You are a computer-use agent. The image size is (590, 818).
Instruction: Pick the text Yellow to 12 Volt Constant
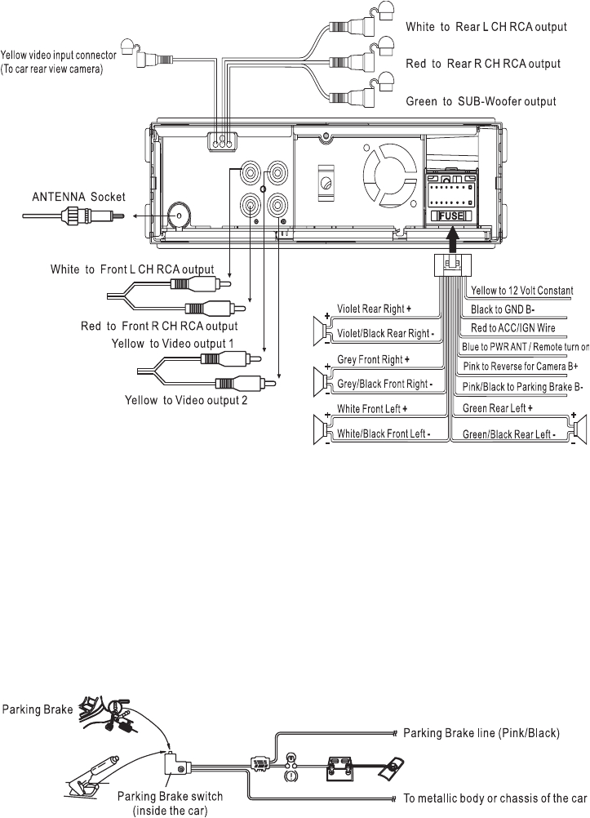click(x=521, y=291)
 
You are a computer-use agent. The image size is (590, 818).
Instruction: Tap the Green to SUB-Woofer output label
click(x=481, y=102)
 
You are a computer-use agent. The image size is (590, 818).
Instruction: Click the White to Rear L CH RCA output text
click(x=486, y=27)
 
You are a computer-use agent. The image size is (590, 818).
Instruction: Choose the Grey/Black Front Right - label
click(x=384, y=384)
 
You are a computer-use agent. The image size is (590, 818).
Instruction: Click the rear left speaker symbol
click(x=579, y=427)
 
